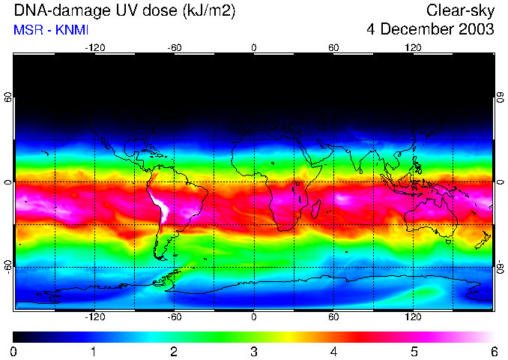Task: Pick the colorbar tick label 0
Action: click(14, 351)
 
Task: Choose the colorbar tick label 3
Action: click(253, 351)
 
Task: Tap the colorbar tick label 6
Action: click(493, 351)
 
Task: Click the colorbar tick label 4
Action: click(333, 351)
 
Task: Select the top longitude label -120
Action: click(94, 48)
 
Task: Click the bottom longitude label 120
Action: click(413, 317)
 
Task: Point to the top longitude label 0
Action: click(254, 48)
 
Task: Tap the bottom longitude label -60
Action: click(174, 317)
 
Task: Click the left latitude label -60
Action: click(8, 266)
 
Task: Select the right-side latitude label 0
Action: click(500, 182)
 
